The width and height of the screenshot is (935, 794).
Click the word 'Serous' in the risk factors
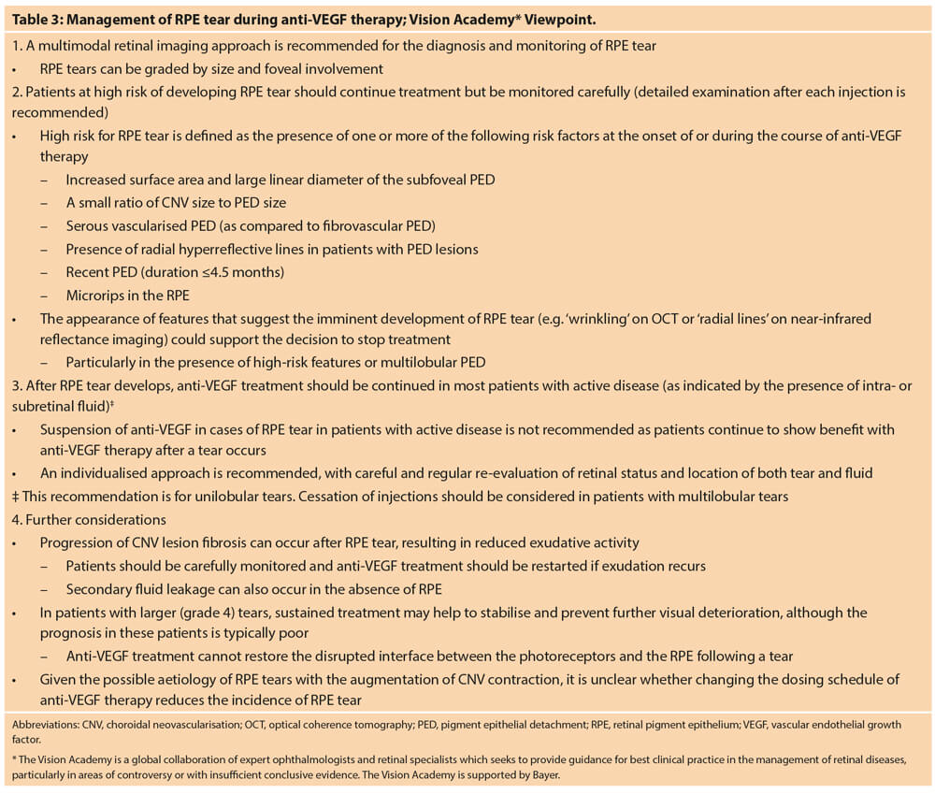click(x=87, y=225)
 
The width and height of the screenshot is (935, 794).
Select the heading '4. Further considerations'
click(x=89, y=519)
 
